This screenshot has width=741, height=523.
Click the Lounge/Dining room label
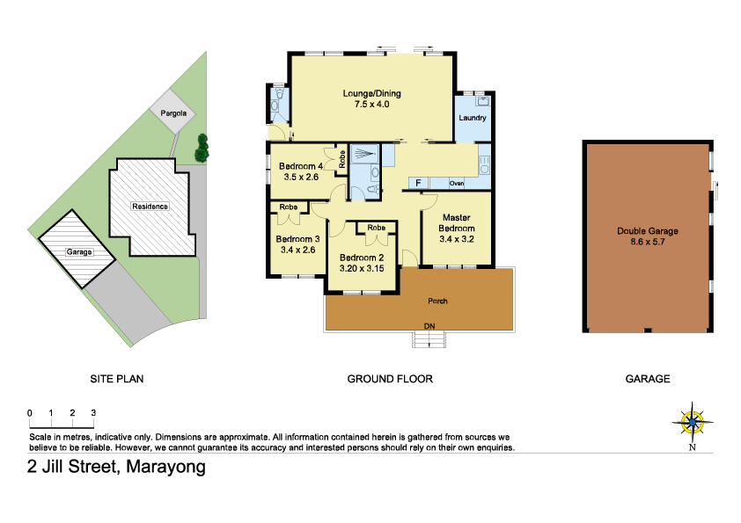click(x=372, y=93)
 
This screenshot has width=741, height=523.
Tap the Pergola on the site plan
click(x=172, y=113)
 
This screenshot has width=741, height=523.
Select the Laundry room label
click(x=472, y=118)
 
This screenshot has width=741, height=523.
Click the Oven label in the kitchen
click(x=457, y=183)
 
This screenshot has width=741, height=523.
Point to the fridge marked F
click(x=418, y=183)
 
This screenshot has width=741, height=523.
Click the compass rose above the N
click(x=693, y=422)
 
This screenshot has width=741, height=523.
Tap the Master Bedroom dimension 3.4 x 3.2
click(x=457, y=239)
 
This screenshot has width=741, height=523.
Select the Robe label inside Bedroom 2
click(x=376, y=228)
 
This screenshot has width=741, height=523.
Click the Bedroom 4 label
click(x=301, y=166)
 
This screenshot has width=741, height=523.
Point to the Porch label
click(x=437, y=301)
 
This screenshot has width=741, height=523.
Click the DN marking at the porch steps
click(x=429, y=326)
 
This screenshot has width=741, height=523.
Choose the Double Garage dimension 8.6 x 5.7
click(x=648, y=242)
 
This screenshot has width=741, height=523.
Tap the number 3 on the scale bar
click(x=93, y=412)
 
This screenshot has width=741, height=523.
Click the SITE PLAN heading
click(x=117, y=379)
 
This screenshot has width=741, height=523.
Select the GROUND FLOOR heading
click(x=390, y=379)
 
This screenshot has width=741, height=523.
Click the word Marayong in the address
click(x=165, y=467)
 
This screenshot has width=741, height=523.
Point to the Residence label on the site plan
click(x=150, y=207)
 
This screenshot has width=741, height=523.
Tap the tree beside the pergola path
click(x=202, y=149)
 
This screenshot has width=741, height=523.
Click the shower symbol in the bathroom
click(x=364, y=154)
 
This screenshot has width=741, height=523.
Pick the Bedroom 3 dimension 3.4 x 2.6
click(x=297, y=250)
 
